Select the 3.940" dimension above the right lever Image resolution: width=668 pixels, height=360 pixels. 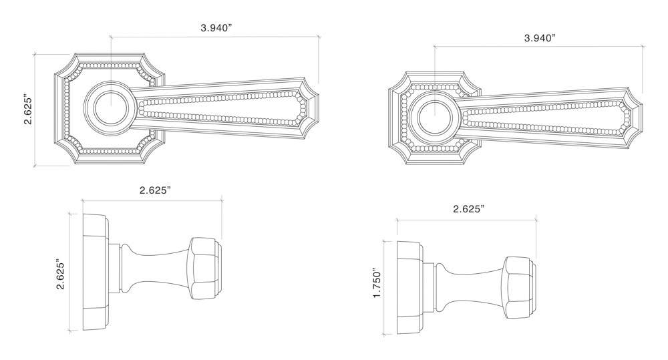540,38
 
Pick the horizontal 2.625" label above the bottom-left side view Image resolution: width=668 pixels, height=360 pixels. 155,190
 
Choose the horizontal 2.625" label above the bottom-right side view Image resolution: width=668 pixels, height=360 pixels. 468,209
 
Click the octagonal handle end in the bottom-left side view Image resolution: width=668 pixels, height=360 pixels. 204,271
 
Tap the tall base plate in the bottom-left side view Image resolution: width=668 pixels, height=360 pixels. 93,272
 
